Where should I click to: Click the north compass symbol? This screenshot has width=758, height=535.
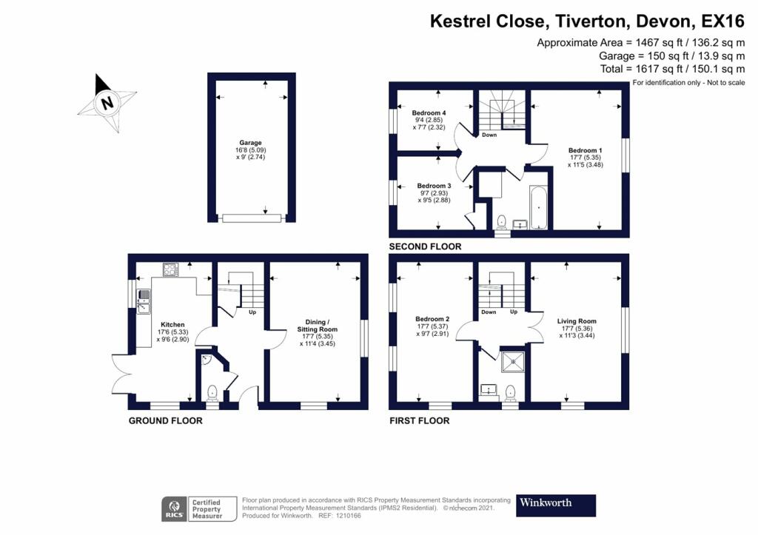click(107, 103)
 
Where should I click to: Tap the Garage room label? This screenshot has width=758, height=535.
click(250, 143)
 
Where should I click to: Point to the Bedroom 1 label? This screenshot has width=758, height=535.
click(585, 150)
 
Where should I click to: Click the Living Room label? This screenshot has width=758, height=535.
click(577, 321)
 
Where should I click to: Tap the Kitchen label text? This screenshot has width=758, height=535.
click(172, 325)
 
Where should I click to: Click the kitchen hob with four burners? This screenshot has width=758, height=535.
click(170, 270)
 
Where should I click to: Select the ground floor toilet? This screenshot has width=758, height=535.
click(212, 391)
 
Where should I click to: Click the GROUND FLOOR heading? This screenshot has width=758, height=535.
click(165, 420)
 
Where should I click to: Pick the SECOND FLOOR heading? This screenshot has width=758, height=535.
click(426, 246)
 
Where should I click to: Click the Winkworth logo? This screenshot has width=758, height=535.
click(555, 504)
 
